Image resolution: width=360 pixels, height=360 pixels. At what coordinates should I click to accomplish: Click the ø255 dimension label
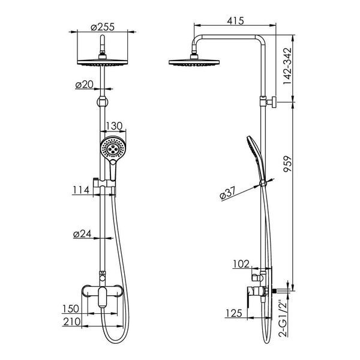[103, 27]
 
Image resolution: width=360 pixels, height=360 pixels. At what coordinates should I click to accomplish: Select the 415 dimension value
[235, 21]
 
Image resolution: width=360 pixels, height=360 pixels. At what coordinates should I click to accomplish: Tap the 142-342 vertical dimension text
[287, 66]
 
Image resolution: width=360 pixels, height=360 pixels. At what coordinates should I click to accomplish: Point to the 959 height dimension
[287, 164]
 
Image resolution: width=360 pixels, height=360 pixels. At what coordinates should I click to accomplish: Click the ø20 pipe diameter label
[84, 85]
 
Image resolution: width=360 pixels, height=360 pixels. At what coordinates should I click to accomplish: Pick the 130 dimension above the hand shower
[114, 126]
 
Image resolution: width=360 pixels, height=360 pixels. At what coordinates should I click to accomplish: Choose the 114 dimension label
[81, 190]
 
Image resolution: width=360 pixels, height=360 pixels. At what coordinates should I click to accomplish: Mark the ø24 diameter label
[82, 234]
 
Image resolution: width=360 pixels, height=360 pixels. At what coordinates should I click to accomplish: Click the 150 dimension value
[71, 309]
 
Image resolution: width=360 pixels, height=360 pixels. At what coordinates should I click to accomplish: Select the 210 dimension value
[72, 322]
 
